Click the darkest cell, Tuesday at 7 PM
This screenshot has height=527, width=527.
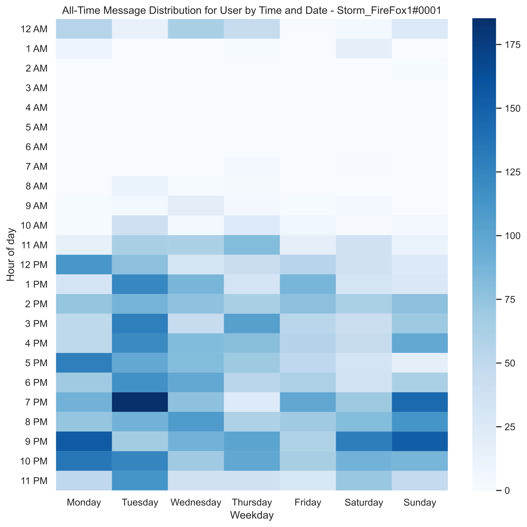pos(140,402)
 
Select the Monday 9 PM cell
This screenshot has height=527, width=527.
pos(84,441)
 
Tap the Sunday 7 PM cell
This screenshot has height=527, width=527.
pos(419,402)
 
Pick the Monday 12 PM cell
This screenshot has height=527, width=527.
pos(84,265)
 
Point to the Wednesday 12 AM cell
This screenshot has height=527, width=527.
pos(196,29)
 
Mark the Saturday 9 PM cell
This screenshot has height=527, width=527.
pos(364,441)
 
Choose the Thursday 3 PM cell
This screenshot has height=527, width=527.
pos(251,324)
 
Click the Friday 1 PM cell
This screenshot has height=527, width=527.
pos(308,284)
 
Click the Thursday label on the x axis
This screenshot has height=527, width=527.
pos(251,502)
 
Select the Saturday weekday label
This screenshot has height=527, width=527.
pos(364,502)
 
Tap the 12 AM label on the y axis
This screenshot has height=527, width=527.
pos(34,29)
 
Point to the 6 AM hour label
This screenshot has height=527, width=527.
pos(36,147)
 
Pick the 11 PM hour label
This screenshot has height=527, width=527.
pos(34,481)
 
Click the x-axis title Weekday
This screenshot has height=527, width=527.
pos(251,515)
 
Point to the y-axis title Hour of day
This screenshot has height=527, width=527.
pos(11,254)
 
